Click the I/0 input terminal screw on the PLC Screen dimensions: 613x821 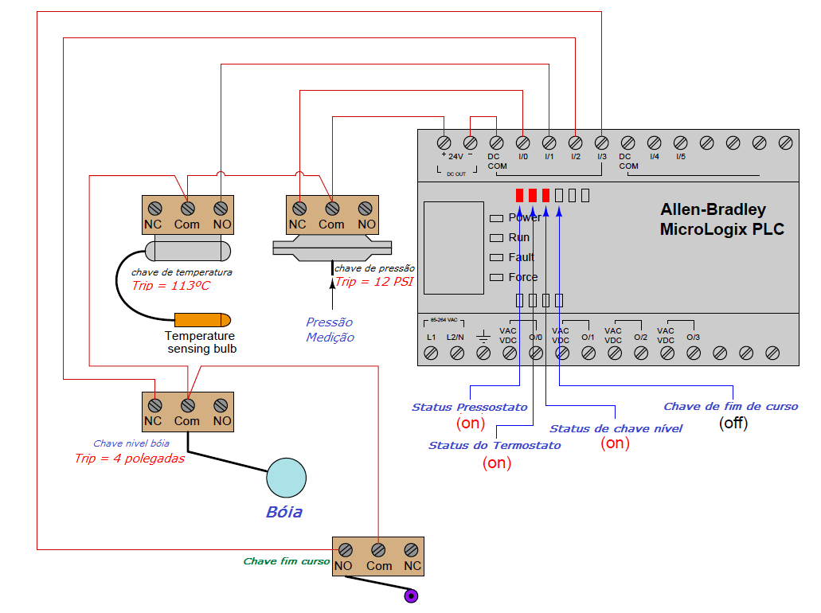522,143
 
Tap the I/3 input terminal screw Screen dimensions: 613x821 601,143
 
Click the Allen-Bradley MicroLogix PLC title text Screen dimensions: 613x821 721,220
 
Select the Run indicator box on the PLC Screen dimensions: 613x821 496,237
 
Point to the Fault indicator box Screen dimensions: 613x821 496,257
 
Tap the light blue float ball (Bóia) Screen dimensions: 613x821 286,478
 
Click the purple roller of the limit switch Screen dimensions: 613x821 411,595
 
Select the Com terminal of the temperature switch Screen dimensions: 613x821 187,208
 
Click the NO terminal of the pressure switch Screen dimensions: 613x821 366,208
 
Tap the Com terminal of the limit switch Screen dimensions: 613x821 379,549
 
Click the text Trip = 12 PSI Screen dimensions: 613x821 373,282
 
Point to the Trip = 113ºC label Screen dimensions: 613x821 171,285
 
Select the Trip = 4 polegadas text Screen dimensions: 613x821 129,459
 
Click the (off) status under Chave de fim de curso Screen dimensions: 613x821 733,424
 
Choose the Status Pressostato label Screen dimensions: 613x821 469,407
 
